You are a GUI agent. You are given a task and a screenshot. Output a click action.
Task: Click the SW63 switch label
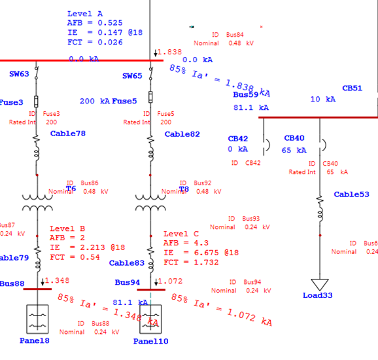[19, 74]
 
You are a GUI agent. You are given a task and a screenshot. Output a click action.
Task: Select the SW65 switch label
[132, 76]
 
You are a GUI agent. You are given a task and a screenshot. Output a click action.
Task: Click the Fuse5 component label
[124, 101]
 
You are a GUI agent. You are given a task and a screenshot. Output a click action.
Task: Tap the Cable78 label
[68, 134]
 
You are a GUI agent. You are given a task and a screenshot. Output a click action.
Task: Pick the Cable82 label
[182, 134]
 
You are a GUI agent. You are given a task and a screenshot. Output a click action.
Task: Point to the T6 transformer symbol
[37, 202]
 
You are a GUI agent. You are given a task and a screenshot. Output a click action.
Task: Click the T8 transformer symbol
[151, 202]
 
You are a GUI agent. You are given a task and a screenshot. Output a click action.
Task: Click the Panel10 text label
[150, 341]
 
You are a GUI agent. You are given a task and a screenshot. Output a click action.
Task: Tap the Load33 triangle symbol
[319, 284]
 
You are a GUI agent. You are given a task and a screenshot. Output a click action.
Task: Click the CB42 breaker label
[238, 139]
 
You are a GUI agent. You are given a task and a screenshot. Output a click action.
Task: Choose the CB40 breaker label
[294, 138]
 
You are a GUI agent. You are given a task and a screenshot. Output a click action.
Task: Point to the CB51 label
[352, 88]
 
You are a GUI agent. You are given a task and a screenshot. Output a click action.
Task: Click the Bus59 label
[246, 94]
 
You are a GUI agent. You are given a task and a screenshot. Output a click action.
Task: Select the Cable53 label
[351, 194]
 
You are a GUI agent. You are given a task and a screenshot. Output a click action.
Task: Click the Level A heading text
[85, 14]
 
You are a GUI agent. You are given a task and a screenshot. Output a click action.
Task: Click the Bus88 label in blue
[12, 283]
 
